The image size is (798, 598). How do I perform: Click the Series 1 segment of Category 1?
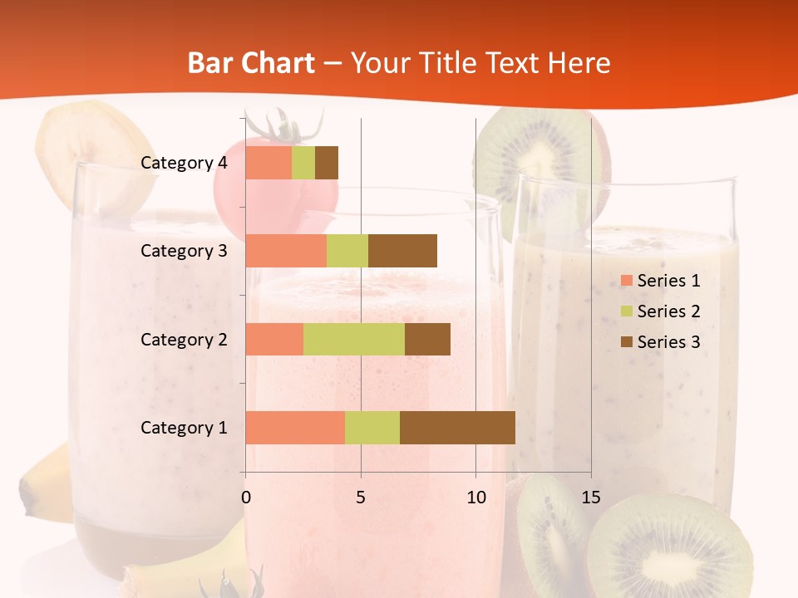click(295, 428)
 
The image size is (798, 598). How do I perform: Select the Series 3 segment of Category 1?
click(457, 428)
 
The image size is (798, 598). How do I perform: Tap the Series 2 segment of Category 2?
click(354, 339)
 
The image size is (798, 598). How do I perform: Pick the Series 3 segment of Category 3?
click(402, 251)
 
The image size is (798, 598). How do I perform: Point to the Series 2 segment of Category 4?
click(303, 163)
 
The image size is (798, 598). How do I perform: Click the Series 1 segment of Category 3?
click(286, 251)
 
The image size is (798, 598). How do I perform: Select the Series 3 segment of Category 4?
click(327, 163)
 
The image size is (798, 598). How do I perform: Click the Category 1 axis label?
click(184, 428)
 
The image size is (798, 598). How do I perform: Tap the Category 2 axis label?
click(184, 339)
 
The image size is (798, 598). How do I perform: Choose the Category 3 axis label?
click(184, 251)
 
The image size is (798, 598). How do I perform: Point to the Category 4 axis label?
click(184, 163)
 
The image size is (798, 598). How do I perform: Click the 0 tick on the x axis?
click(245, 498)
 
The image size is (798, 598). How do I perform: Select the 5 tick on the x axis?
click(361, 498)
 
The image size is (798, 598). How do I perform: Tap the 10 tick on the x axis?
click(475, 498)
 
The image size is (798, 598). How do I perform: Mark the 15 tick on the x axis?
click(591, 498)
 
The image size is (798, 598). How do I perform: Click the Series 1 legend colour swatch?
click(626, 281)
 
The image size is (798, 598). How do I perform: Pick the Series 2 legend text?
click(668, 311)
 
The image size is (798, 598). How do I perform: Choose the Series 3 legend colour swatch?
click(626, 342)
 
